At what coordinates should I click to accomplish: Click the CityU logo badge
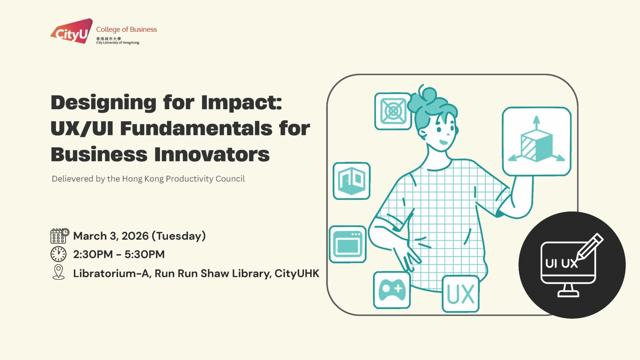click(72, 31)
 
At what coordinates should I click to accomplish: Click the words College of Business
click(126, 30)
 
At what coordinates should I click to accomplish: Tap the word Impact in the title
click(242, 103)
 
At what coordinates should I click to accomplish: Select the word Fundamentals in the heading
click(196, 128)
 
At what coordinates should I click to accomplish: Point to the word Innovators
click(212, 154)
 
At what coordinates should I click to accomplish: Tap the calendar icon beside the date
click(60, 236)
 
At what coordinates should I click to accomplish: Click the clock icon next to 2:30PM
click(58, 254)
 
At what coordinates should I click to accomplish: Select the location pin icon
click(58, 272)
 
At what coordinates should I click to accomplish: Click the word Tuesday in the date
click(178, 236)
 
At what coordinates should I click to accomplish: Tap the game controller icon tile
click(392, 290)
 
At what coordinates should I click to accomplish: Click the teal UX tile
click(460, 294)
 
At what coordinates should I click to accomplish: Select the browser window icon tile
click(348, 244)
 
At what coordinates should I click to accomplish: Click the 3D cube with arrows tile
click(536, 142)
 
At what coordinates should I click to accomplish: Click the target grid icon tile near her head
click(393, 111)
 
